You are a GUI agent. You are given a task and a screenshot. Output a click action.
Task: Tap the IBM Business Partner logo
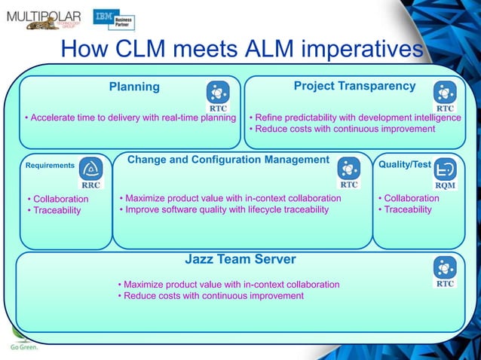113,20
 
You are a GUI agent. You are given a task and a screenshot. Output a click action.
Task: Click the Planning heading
134,87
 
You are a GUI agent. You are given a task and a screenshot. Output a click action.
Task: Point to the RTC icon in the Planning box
218,95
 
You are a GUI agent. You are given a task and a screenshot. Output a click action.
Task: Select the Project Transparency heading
354,86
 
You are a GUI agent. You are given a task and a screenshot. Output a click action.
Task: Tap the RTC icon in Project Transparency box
445,95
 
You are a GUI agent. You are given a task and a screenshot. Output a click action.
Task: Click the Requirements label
50,165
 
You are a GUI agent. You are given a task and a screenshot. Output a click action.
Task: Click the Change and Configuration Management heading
228,160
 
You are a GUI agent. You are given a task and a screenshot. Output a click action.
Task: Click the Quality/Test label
405,164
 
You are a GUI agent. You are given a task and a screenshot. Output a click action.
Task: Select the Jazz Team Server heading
240,260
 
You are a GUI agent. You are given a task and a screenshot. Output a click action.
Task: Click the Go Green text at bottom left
23,348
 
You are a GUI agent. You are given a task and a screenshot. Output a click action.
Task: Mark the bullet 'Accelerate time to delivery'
130,118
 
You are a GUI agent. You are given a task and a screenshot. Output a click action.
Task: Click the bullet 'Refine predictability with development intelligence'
354,118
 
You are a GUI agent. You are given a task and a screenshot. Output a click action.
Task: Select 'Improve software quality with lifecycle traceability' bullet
224,209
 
